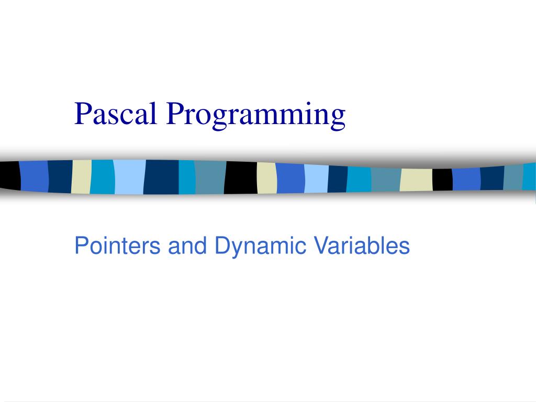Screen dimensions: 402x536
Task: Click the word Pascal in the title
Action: (116, 114)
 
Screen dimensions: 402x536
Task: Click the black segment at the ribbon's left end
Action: (9, 176)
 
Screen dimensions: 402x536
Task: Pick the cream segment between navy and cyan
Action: (81, 177)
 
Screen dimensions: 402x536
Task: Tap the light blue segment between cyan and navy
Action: (129, 177)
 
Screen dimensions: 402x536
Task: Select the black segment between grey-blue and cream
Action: (241, 177)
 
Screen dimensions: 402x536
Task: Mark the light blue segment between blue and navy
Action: (316, 178)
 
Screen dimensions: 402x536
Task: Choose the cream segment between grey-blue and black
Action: (416, 180)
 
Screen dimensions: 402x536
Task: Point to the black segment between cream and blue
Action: (442, 180)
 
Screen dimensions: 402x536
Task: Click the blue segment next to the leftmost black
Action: (34, 176)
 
